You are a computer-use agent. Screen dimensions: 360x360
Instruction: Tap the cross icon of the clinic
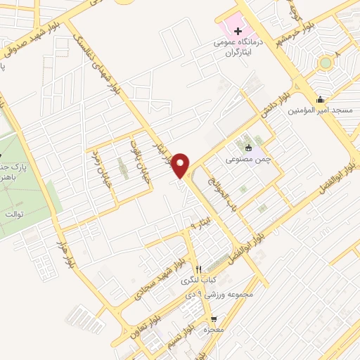[x=238, y=31]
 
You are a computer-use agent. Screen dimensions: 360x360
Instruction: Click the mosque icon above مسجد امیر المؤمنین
[x=321, y=99]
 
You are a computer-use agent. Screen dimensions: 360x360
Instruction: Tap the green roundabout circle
[x=325, y=63]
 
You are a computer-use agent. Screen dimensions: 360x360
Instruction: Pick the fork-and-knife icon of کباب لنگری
[x=199, y=269]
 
